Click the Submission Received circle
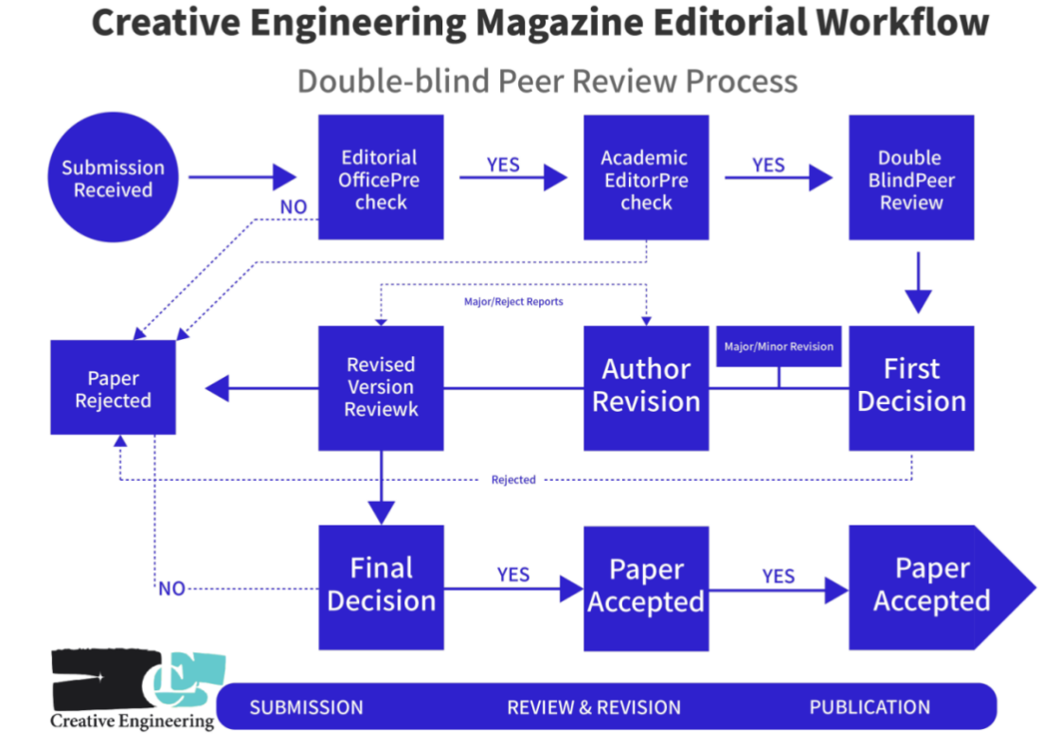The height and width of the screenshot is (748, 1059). click(x=113, y=178)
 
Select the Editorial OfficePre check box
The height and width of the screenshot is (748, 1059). click(x=381, y=178)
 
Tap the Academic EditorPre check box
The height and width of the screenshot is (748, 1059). click(x=646, y=178)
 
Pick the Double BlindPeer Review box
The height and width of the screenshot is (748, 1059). click(x=911, y=178)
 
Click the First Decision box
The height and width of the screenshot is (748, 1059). click(x=911, y=386)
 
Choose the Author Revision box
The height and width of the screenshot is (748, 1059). click(x=646, y=386)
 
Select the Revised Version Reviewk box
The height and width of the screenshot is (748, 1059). click(x=381, y=386)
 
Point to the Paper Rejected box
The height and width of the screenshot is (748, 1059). click(x=113, y=388)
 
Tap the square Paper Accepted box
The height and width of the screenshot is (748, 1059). click(x=646, y=587)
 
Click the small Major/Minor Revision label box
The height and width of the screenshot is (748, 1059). click(x=779, y=347)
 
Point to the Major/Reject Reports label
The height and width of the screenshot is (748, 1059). click(x=513, y=302)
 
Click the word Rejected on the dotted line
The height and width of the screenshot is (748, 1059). click(x=513, y=480)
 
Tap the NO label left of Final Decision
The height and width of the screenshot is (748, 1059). click(x=171, y=589)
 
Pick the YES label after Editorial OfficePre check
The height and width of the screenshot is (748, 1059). click(x=503, y=165)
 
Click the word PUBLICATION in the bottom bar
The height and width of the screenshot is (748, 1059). click(x=870, y=707)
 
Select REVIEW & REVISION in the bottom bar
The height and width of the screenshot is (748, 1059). click(x=594, y=707)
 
